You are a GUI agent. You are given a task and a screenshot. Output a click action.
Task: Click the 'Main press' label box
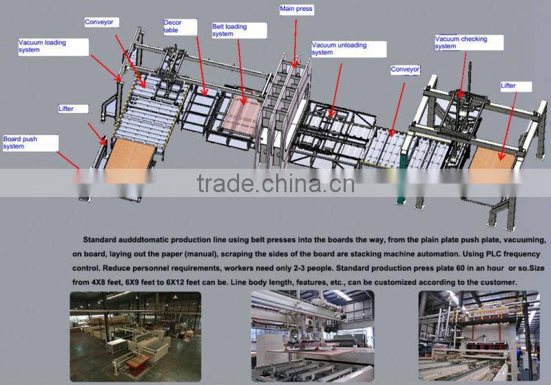tap(297, 10)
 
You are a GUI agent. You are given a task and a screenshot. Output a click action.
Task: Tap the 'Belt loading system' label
tap(238, 30)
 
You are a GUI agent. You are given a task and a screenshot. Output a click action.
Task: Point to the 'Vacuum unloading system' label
tap(344, 48)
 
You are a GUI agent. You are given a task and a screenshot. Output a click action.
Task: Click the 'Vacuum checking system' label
tap(468, 43)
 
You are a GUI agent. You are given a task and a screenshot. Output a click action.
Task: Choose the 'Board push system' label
tap(30, 143)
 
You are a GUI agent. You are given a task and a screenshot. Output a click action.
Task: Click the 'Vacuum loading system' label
tap(52, 46)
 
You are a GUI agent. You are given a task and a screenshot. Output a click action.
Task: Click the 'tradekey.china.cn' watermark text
tap(275, 184)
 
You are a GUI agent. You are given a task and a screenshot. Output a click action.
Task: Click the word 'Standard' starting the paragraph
tap(103, 240)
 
